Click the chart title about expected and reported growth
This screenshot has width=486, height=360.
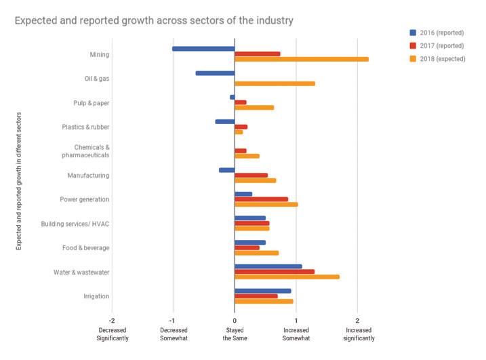point(154,21)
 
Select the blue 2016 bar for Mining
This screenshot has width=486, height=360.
point(203,49)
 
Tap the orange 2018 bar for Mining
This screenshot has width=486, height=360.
point(301,59)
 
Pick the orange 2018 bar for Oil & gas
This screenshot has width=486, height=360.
point(275,83)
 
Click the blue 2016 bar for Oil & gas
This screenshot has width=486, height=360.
point(215,73)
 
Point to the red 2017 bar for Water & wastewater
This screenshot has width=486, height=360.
point(275,271)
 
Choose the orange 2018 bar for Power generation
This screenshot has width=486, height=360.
point(266,204)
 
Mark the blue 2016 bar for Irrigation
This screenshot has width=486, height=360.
point(262,291)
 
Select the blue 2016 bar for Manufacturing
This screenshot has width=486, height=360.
point(226,170)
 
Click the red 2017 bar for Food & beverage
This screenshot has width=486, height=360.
point(247,247)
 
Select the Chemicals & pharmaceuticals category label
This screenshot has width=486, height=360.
point(92,151)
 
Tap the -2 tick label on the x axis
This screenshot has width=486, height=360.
point(112,320)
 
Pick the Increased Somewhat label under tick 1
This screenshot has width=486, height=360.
point(296,334)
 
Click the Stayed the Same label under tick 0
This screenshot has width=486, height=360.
point(235,334)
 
